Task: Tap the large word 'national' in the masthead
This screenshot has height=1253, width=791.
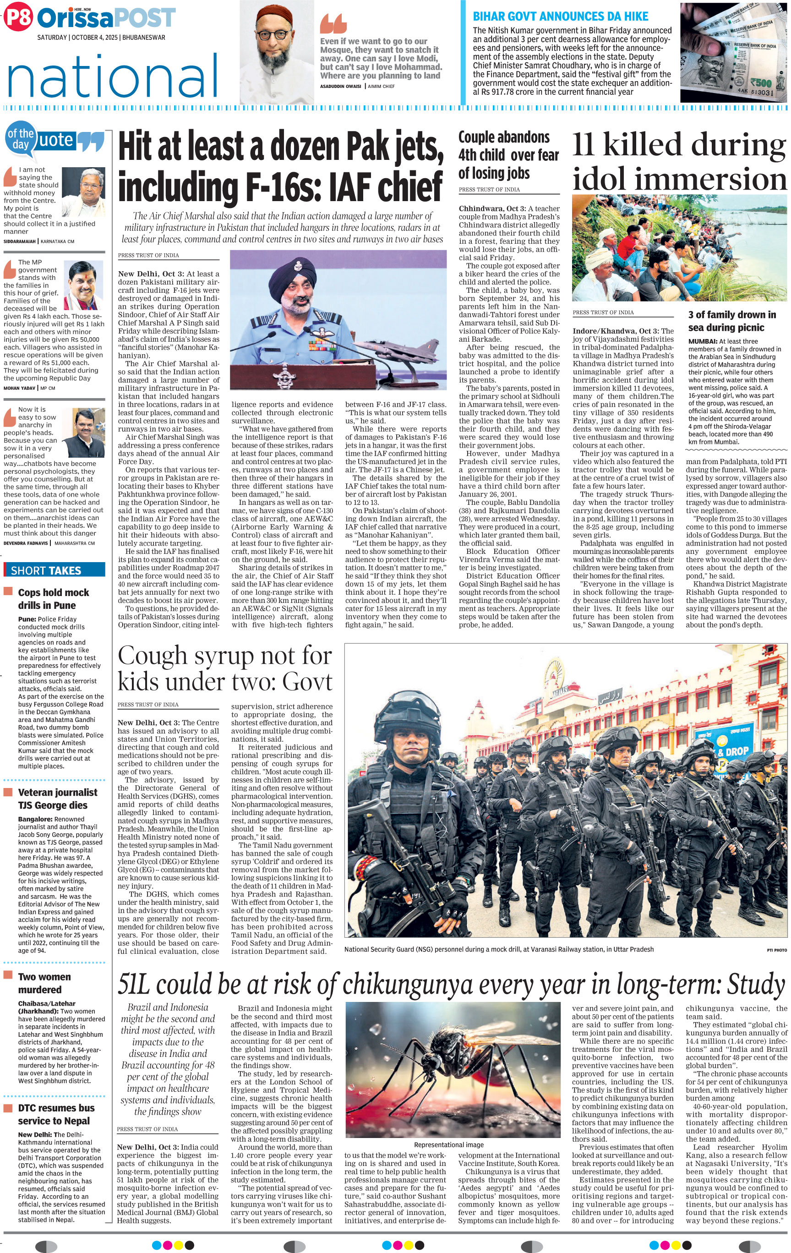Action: [112, 77]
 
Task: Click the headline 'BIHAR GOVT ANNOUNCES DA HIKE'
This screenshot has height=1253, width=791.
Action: [560, 16]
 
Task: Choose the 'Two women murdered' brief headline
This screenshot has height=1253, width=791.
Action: [44, 983]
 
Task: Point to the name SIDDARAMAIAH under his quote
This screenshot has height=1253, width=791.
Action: [20, 241]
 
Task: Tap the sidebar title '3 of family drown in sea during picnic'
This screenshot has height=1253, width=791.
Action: [731, 321]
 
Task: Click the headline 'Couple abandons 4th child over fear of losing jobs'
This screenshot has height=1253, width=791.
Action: [508, 155]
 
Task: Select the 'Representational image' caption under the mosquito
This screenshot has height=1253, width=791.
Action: [448, 1145]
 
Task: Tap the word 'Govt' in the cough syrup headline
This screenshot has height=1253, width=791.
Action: [308, 682]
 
